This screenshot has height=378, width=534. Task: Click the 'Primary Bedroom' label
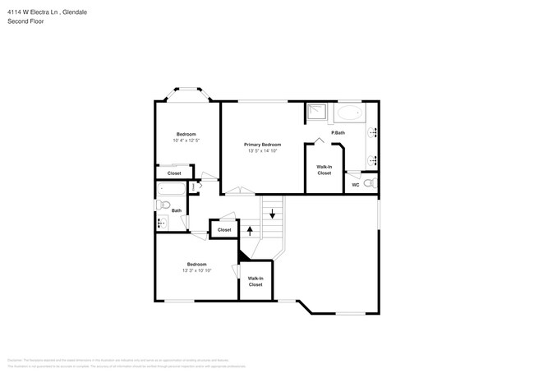click(263, 145)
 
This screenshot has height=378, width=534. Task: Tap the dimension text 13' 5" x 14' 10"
click(263, 151)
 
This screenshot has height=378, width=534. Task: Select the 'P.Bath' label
click(337, 132)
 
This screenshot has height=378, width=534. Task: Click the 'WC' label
click(356, 185)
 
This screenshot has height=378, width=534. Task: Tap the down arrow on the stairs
click(272, 214)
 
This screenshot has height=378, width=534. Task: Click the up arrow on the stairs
click(251, 231)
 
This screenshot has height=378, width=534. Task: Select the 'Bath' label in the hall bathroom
click(177, 210)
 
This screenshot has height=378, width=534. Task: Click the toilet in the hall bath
click(163, 205)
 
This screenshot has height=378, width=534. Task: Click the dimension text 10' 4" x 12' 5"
click(186, 141)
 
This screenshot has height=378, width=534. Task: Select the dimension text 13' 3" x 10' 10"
click(197, 270)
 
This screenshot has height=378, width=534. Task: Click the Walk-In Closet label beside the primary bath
click(325, 170)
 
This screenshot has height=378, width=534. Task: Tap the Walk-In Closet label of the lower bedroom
click(255, 282)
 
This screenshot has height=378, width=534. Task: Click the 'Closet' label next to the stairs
click(224, 230)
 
